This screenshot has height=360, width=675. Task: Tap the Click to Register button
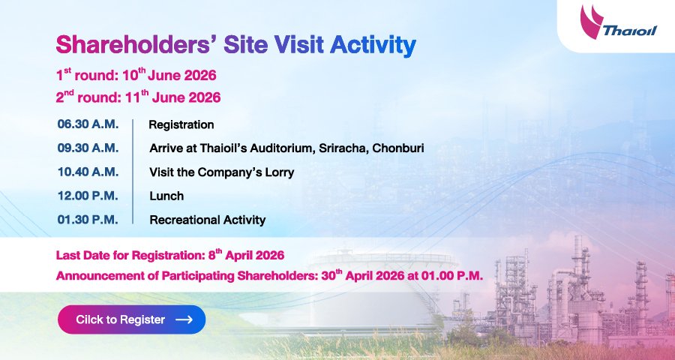click(x=132, y=319)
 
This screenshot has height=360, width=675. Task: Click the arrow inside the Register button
click(x=184, y=319)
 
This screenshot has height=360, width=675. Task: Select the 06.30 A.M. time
click(x=88, y=124)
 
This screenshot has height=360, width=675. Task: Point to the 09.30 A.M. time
click(x=88, y=148)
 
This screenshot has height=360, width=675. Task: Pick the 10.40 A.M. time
click(x=88, y=172)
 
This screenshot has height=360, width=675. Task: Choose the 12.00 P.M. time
click(x=88, y=196)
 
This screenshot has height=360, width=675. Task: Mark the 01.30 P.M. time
click(x=88, y=220)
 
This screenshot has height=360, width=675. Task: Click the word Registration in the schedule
click(x=181, y=125)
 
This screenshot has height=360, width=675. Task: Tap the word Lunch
click(x=166, y=196)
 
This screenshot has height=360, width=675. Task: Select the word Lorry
click(x=280, y=173)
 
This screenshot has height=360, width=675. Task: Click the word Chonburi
click(x=398, y=148)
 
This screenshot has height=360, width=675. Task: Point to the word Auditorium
click(x=283, y=148)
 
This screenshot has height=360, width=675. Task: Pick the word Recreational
click(x=184, y=220)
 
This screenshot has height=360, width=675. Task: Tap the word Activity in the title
click(x=373, y=46)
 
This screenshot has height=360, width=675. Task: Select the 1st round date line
click(x=136, y=75)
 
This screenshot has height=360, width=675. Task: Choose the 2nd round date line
click(x=138, y=97)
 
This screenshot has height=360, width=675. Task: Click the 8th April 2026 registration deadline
click(x=246, y=255)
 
